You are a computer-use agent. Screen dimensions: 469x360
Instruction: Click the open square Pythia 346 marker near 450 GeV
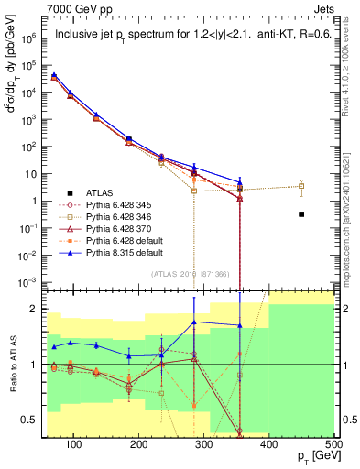[301, 186]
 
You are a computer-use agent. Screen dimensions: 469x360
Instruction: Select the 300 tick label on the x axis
[203, 444]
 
